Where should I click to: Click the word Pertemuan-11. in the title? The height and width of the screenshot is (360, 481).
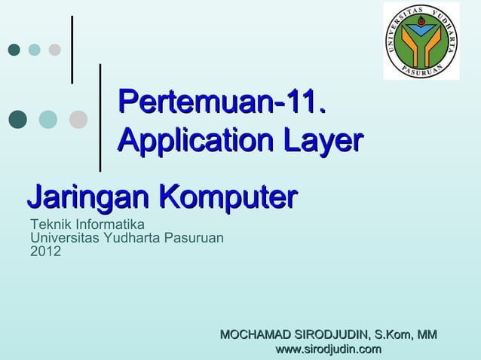pos(222,101)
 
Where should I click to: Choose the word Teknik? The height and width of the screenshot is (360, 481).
pos(46,224)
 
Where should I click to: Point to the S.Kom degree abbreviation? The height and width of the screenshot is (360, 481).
pos(391,334)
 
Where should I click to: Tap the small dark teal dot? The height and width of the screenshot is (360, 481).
pos(14,50)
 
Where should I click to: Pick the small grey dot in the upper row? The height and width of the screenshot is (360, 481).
pos(54,50)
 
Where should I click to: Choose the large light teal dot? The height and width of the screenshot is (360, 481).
pos(47,119)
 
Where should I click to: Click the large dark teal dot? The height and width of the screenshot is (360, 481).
pos(17,119)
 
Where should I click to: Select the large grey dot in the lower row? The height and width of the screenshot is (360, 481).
pos(78,119)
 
